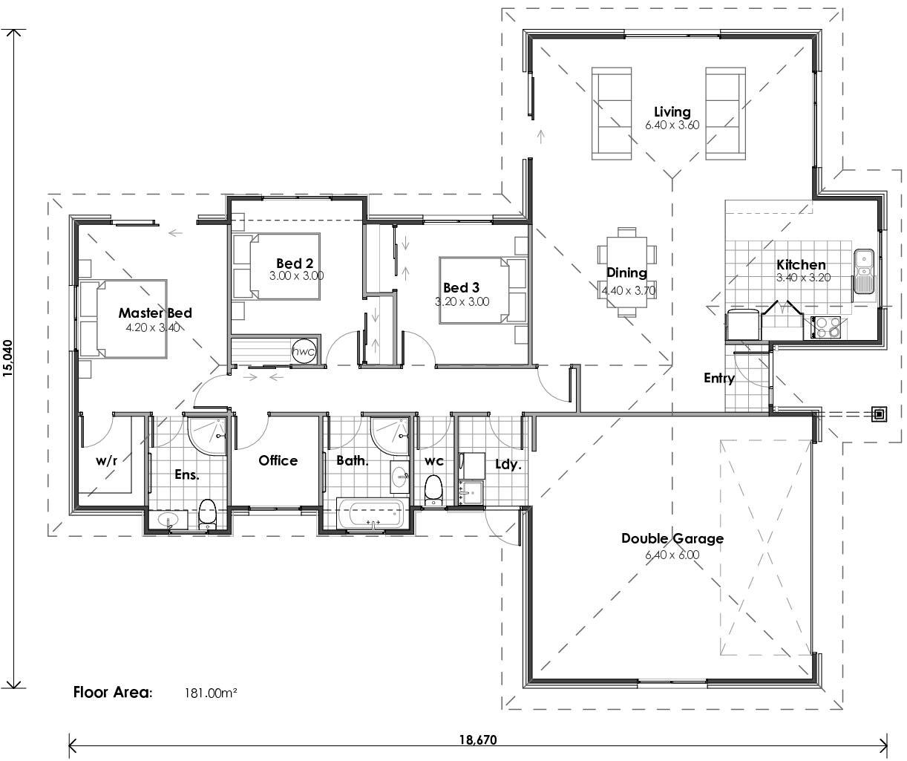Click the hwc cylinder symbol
(x=303, y=351)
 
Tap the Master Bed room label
(x=155, y=313)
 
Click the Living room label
(x=672, y=112)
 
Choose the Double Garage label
(x=672, y=539)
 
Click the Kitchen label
(x=801, y=265)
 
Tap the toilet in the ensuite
(x=207, y=514)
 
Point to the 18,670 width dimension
(x=477, y=739)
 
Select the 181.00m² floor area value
(x=211, y=693)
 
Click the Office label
(x=278, y=461)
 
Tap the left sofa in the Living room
(x=612, y=113)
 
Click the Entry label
(x=718, y=379)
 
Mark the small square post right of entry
(x=880, y=414)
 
